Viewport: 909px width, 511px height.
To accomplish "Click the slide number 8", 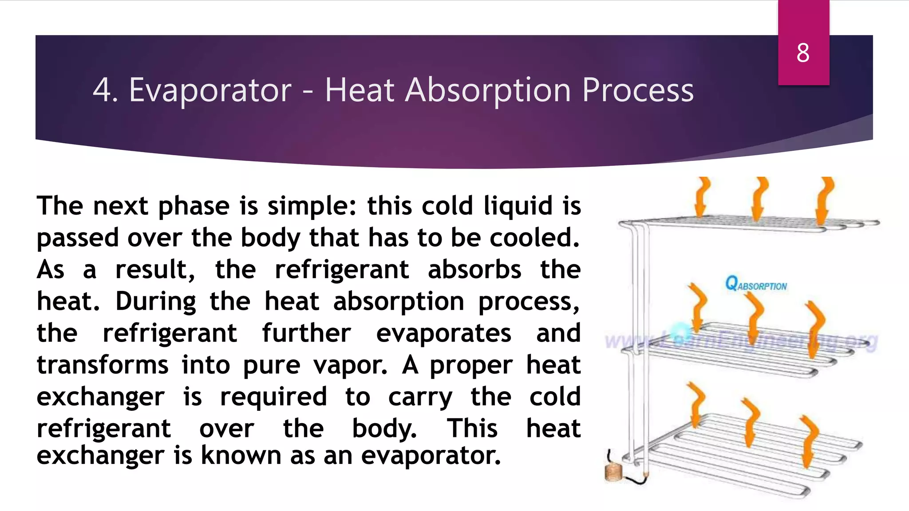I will pyautogui.click(x=802, y=53).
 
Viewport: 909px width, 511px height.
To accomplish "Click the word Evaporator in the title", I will pyautogui.click(x=210, y=90).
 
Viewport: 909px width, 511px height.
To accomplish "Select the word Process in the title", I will pyautogui.click(x=637, y=90).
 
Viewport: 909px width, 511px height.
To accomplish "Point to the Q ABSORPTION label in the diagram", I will pyautogui.click(x=755, y=284).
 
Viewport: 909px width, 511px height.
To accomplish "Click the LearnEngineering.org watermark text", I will pyautogui.click(x=741, y=341).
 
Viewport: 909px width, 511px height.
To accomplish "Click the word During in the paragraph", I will pyautogui.click(x=155, y=302).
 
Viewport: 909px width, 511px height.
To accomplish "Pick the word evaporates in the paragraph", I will pyautogui.click(x=443, y=334).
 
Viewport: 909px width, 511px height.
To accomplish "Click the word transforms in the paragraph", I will pyautogui.click(x=103, y=366).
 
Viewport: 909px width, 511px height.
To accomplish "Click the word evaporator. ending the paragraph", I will pyautogui.click(x=431, y=456).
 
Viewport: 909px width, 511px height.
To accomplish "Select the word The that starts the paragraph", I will pyautogui.click(x=59, y=206).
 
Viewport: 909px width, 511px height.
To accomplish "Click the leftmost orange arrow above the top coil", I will pyautogui.click(x=702, y=197).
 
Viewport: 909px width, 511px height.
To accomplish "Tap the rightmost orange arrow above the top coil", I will pyautogui.click(x=824, y=200).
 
